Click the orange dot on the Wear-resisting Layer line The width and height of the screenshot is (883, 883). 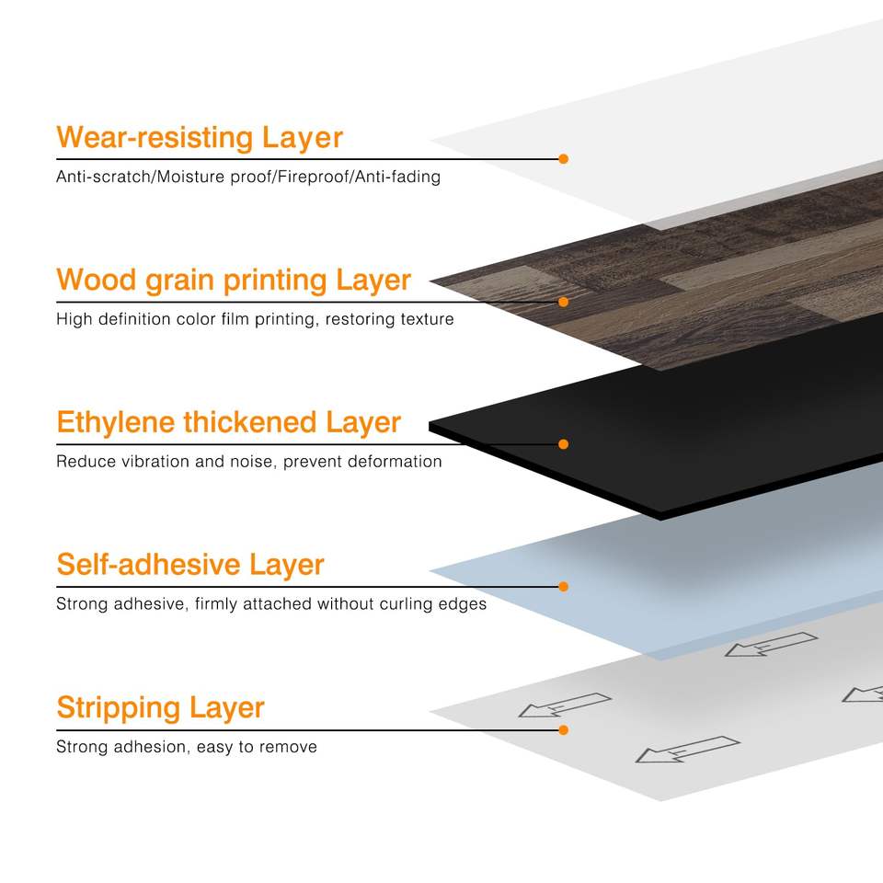point(563,159)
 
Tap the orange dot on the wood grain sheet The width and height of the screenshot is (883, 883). point(563,302)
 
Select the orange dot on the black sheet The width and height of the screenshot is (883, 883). point(563,444)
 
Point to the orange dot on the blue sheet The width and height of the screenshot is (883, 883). point(563,587)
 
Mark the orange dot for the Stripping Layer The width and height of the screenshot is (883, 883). point(563,729)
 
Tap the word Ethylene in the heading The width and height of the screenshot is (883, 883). point(115,423)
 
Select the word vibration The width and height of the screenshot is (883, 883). point(155,462)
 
